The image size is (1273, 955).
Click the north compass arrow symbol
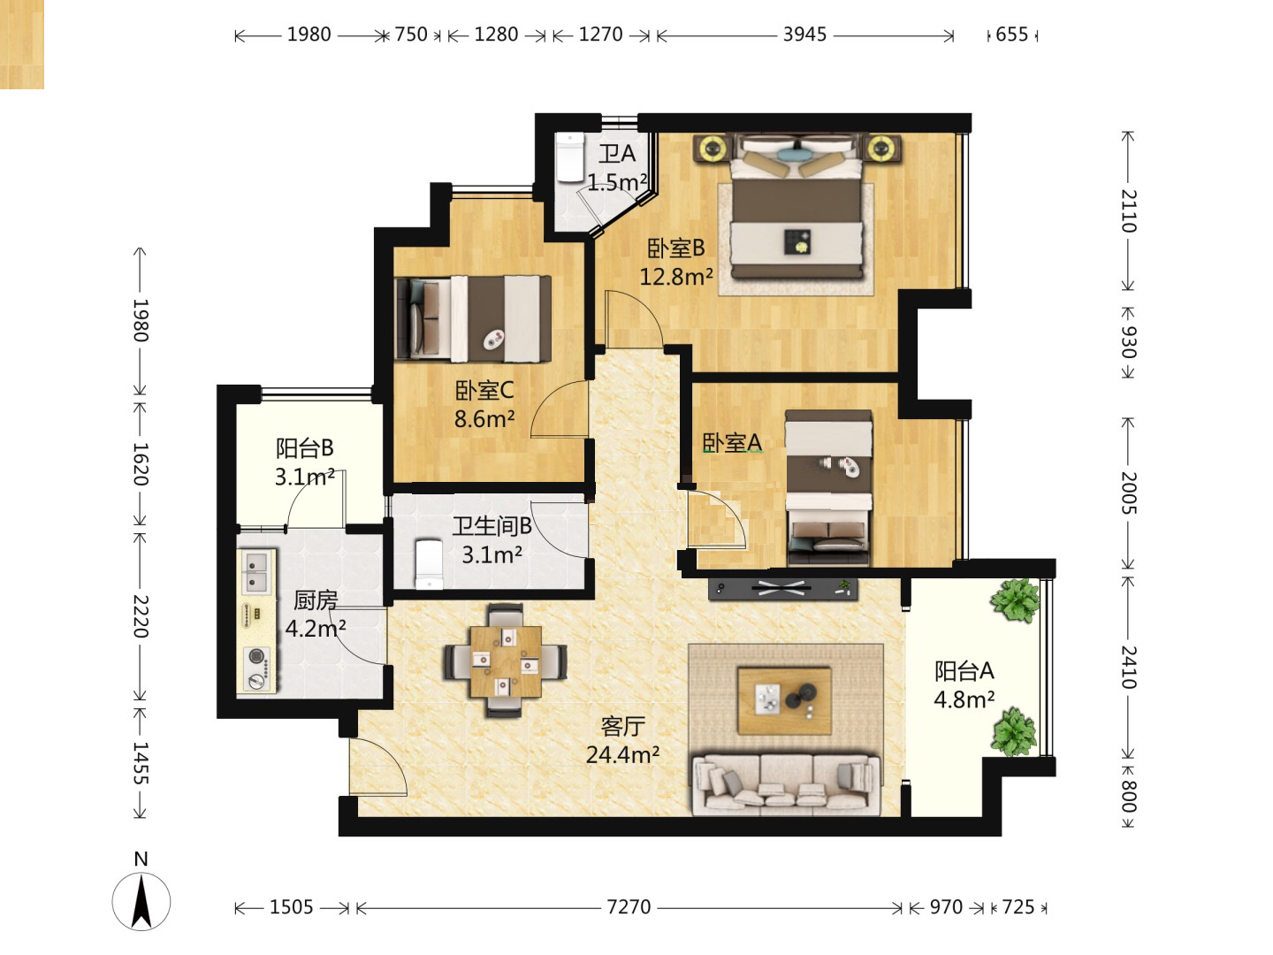(x=141, y=902)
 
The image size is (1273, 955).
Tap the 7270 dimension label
(x=629, y=907)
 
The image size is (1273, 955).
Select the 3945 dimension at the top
(x=804, y=34)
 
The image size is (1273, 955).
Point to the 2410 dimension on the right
(x=1129, y=666)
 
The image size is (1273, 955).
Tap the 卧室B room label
(x=675, y=248)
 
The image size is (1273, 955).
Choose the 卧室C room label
(x=484, y=390)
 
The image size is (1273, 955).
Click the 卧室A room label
(x=732, y=442)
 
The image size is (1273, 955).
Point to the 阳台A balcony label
(x=964, y=671)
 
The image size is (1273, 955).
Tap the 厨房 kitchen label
(x=316, y=600)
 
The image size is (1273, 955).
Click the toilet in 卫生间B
(x=429, y=564)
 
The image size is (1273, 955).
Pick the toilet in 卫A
(x=569, y=157)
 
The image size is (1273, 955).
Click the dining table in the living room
(x=506, y=661)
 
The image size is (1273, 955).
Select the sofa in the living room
(x=787, y=783)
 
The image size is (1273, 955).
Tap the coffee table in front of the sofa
(x=784, y=700)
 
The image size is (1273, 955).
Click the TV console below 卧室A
(x=783, y=589)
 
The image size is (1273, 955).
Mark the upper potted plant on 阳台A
(x=1015, y=600)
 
